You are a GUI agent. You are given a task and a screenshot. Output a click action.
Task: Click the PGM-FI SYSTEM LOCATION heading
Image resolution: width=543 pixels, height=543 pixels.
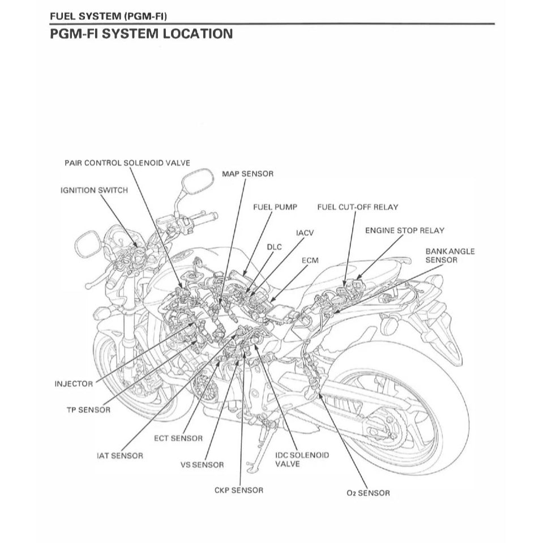(x=141, y=33)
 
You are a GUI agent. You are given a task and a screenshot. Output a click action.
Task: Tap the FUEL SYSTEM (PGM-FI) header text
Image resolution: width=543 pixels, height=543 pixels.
(x=108, y=16)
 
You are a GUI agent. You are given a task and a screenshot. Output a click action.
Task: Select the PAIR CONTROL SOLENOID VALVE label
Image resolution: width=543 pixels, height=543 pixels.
(x=127, y=163)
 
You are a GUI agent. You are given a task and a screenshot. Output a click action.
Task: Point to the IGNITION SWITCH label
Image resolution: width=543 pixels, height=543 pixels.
(x=94, y=190)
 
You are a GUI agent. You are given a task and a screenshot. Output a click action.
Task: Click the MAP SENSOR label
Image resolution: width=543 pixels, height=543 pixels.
(x=247, y=174)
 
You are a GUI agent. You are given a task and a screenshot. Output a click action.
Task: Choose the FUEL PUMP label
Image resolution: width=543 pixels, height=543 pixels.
(x=275, y=207)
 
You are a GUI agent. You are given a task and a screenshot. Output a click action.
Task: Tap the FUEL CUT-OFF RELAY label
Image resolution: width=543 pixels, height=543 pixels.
(x=357, y=207)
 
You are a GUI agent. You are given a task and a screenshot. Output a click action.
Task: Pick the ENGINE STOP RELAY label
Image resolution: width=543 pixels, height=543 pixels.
(x=404, y=230)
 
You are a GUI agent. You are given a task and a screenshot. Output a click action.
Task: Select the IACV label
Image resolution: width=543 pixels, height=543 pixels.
(x=305, y=233)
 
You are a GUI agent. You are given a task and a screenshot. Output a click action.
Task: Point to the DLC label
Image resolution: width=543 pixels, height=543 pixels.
(x=274, y=247)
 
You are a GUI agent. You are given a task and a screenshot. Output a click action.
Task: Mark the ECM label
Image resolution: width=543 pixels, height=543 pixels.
(x=310, y=260)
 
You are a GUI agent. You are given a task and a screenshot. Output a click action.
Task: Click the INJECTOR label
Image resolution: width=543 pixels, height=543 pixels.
(x=74, y=384)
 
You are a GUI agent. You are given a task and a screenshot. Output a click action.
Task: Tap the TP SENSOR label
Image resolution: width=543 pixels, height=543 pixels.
(x=89, y=409)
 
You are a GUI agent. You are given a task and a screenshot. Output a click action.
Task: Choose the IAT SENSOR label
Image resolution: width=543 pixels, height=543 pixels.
(x=119, y=455)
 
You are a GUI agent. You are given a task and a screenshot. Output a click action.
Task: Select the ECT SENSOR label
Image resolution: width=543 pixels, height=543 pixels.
(x=178, y=438)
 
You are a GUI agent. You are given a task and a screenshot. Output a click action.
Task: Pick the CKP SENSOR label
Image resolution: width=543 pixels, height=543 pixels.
(x=238, y=490)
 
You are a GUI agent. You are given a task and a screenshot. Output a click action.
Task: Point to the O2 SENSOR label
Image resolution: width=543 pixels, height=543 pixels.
(x=368, y=493)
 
